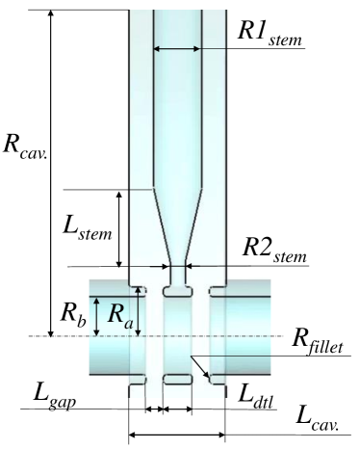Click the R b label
click(x=74, y=314)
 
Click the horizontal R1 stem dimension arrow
click(x=177, y=48)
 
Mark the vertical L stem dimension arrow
click(x=119, y=228)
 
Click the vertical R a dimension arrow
click(x=141, y=310)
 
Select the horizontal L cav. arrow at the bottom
click(x=177, y=436)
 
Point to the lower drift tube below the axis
click(x=178, y=377)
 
